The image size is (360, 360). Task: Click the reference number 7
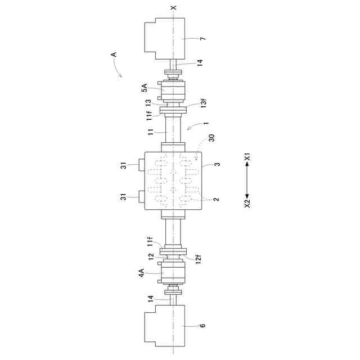[203, 38]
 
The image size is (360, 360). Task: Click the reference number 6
[202, 325]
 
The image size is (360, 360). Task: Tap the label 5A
[145, 88]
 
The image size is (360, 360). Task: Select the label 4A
[142, 273]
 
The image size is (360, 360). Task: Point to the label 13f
[204, 102]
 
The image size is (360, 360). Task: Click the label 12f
[199, 259]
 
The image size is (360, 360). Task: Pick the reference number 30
[211, 138]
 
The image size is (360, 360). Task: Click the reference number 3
[217, 164]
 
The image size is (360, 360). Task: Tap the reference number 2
[217, 199]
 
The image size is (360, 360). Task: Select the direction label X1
[247, 157]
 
